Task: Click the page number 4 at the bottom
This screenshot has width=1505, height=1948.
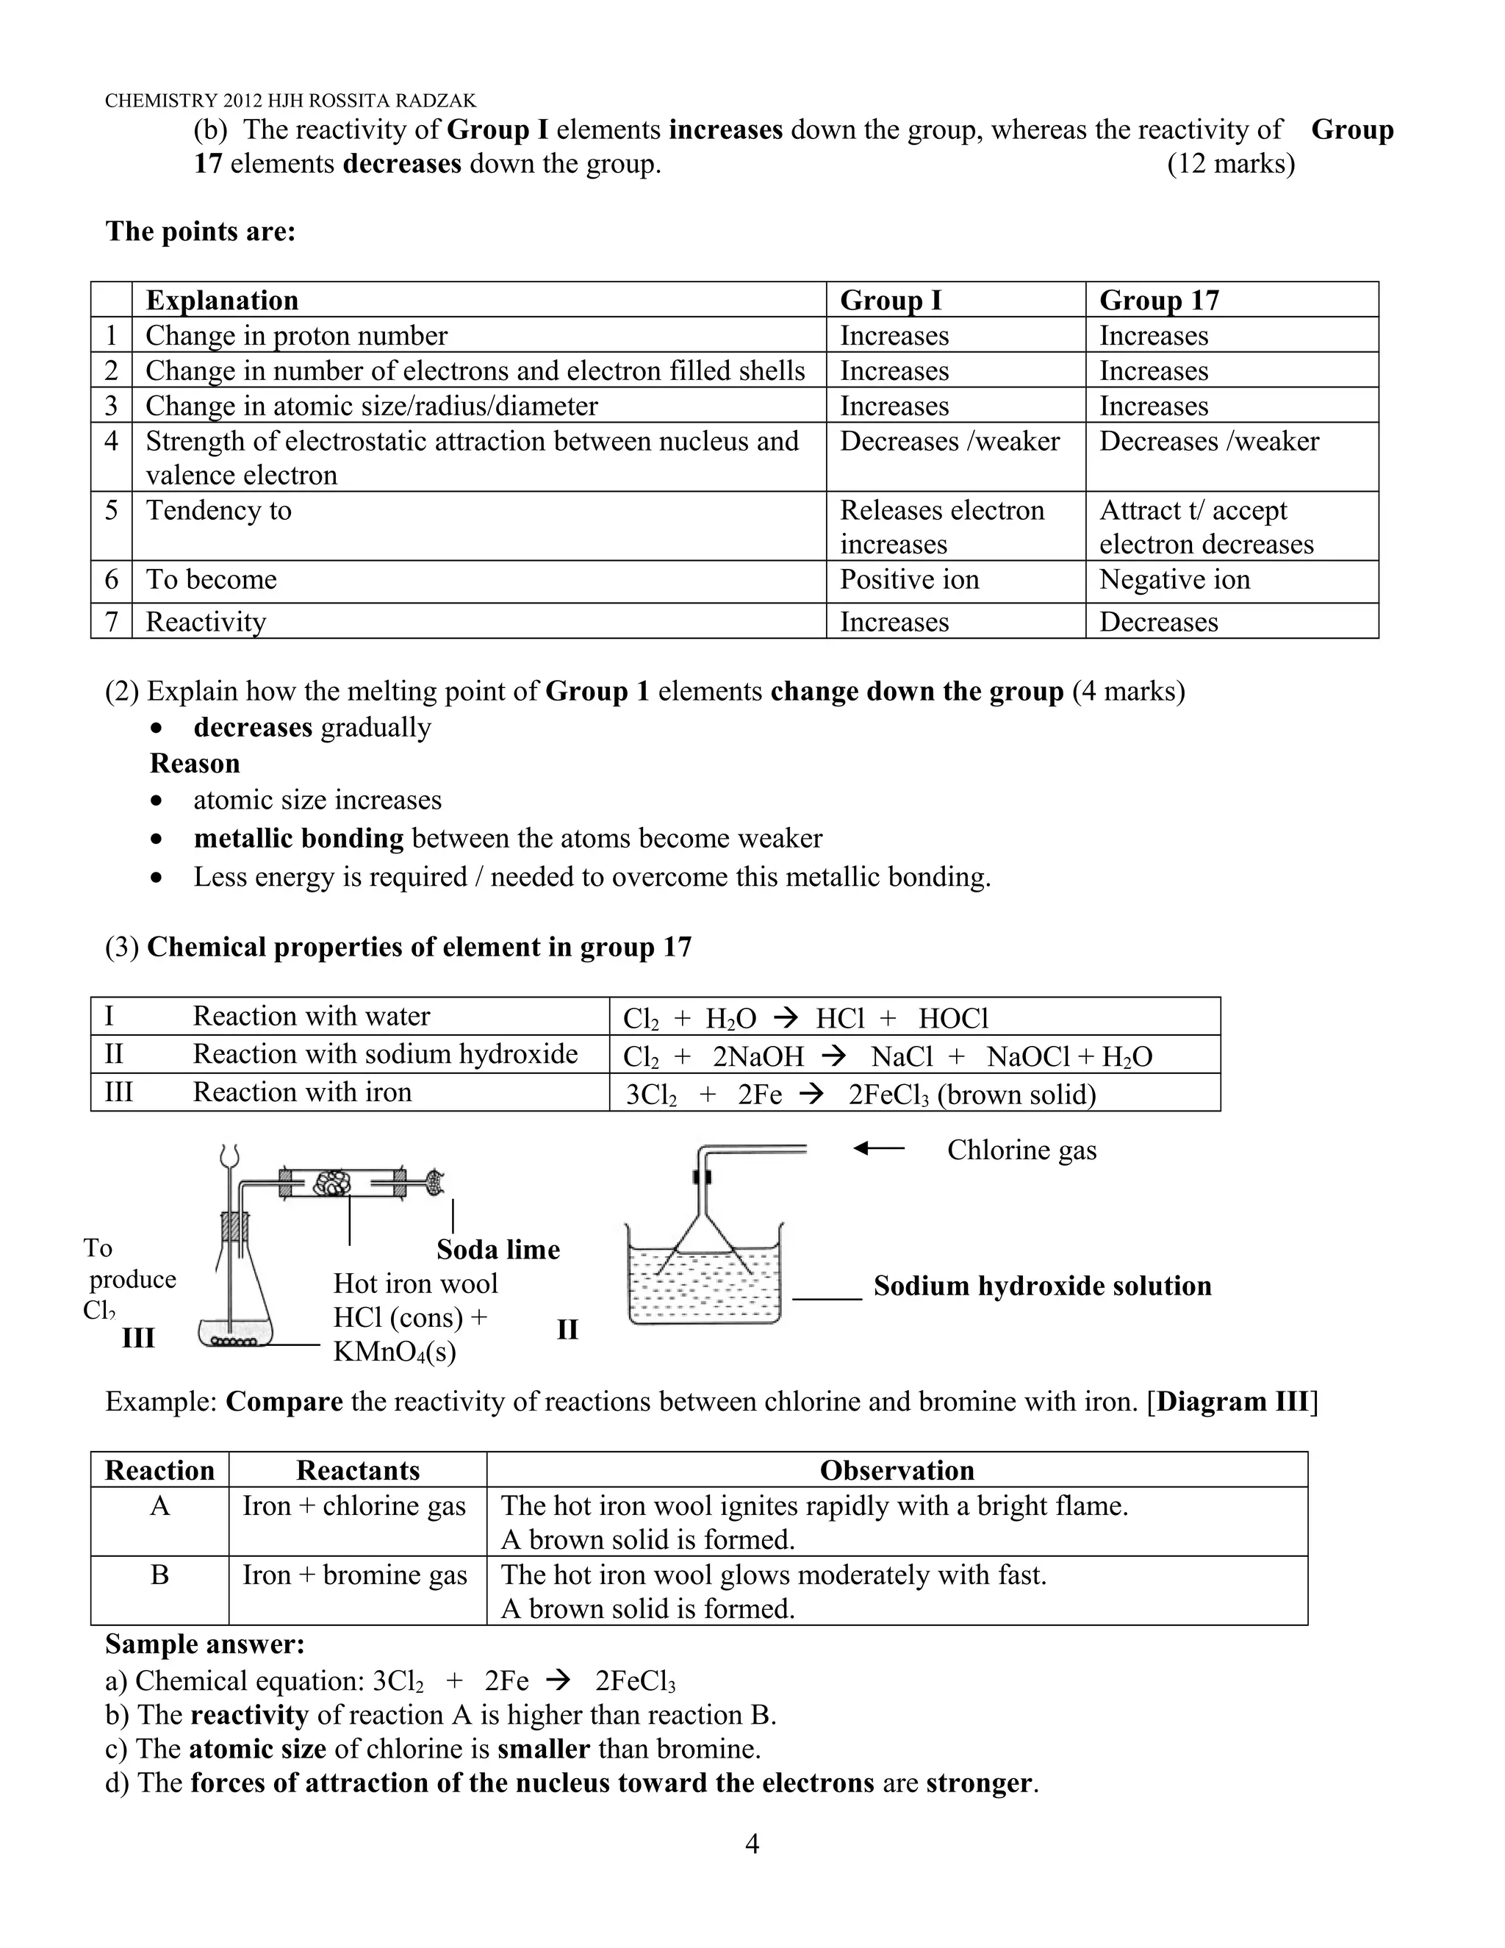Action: [752, 1843]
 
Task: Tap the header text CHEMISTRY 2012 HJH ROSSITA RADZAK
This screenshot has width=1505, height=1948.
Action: [291, 101]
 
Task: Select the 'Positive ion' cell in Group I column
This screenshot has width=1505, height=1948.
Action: [910, 580]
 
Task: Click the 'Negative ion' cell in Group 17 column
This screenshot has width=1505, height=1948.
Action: [1174, 580]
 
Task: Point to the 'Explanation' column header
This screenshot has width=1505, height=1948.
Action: [222, 301]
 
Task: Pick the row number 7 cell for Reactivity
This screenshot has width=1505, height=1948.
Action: [112, 622]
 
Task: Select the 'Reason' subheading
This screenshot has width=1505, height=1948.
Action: [194, 764]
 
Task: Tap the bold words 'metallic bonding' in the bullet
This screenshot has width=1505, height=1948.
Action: [298, 839]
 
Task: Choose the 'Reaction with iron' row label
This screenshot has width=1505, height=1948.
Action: [301, 1092]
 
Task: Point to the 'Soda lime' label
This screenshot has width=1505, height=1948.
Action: [498, 1250]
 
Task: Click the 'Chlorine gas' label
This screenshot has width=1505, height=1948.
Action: [1021, 1150]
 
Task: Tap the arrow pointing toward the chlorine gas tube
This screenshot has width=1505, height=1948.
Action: [878, 1149]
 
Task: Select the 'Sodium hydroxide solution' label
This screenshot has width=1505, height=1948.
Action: [1042, 1286]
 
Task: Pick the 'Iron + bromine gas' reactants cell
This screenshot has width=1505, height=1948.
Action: [355, 1575]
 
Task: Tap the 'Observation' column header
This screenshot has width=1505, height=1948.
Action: [896, 1471]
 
